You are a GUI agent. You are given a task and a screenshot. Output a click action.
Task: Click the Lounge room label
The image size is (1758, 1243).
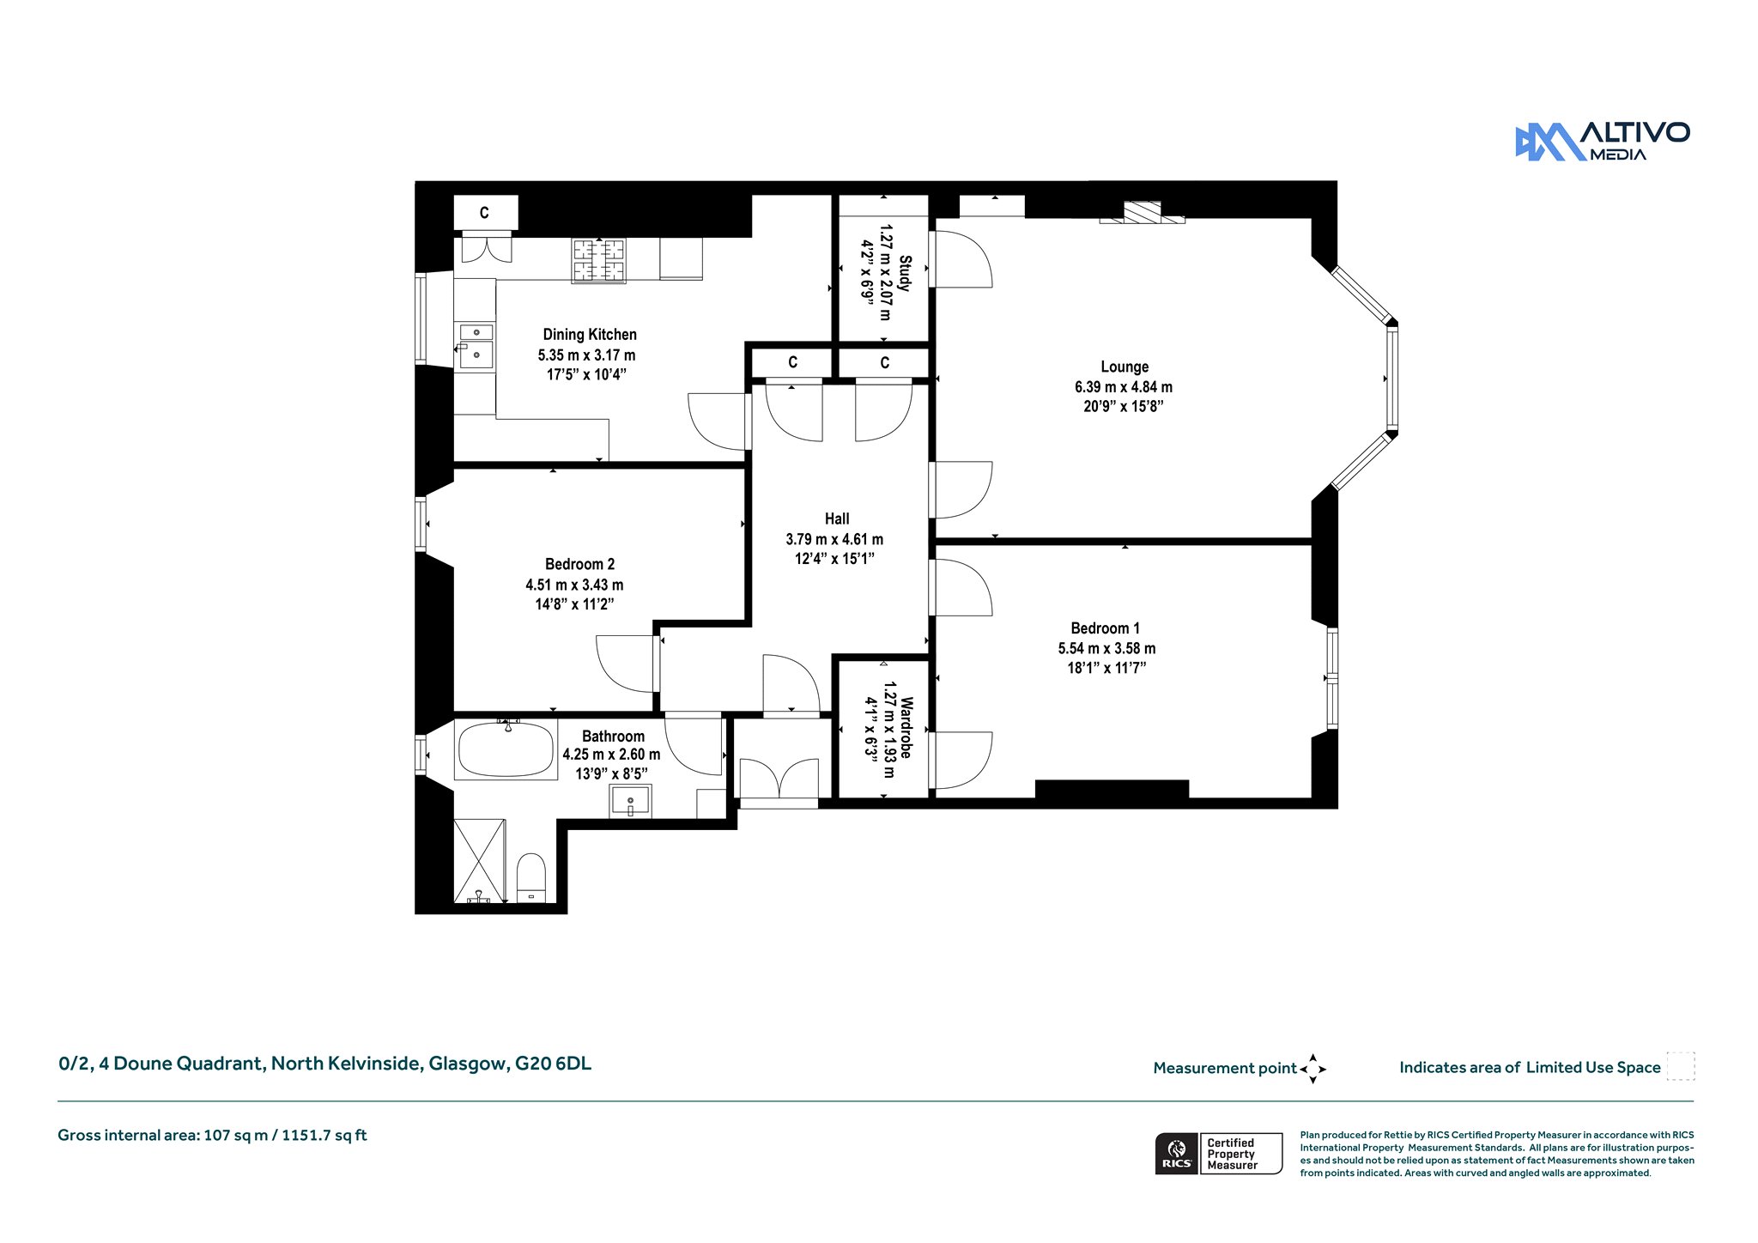pos(1125,367)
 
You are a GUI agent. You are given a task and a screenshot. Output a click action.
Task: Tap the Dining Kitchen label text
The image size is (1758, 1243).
pos(590,335)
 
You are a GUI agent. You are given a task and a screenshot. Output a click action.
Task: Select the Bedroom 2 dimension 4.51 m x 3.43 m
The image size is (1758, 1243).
pos(574,585)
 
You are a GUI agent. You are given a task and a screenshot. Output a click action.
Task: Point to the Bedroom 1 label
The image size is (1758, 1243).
pos(1106,628)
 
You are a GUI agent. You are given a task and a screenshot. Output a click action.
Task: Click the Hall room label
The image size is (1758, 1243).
pos(837,518)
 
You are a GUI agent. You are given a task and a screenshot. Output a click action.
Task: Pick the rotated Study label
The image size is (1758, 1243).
pos(905,273)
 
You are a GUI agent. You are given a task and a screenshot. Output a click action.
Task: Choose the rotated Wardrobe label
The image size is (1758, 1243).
pos(905,727)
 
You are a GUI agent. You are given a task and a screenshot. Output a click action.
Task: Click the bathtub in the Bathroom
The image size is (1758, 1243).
pos(506,749)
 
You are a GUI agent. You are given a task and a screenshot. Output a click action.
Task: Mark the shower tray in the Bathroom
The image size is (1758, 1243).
pos(479,861)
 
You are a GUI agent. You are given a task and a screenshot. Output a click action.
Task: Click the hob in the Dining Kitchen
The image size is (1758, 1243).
pos(599,260)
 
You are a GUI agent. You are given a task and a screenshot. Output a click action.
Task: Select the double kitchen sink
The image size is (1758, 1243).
pos(476,346)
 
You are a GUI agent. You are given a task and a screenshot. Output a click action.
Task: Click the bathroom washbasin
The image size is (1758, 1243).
pos(631,802)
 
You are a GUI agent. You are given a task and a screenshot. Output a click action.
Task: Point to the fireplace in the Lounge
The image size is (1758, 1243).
pos(1143,213)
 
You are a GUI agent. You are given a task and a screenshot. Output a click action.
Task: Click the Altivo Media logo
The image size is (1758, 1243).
pos(1603,142)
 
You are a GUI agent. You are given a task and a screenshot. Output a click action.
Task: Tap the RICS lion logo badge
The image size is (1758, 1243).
pos(1177,1154)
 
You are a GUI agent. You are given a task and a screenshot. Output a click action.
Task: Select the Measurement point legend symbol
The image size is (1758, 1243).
pos(1312,1069)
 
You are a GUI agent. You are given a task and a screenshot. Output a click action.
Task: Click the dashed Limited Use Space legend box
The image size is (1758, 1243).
pos(1681,1066)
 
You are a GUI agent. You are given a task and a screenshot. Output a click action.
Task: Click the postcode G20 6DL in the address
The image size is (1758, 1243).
pos(553,1064)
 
